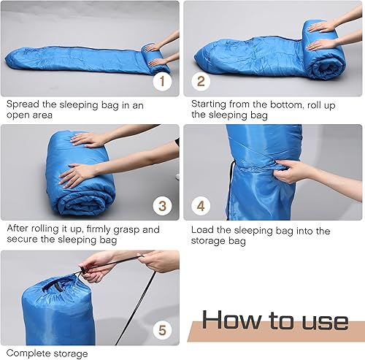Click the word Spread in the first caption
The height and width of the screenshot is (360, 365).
pos(23,104)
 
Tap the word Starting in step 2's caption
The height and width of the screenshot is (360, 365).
pos(212,104)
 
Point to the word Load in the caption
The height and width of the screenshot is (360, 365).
pos(204,231)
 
